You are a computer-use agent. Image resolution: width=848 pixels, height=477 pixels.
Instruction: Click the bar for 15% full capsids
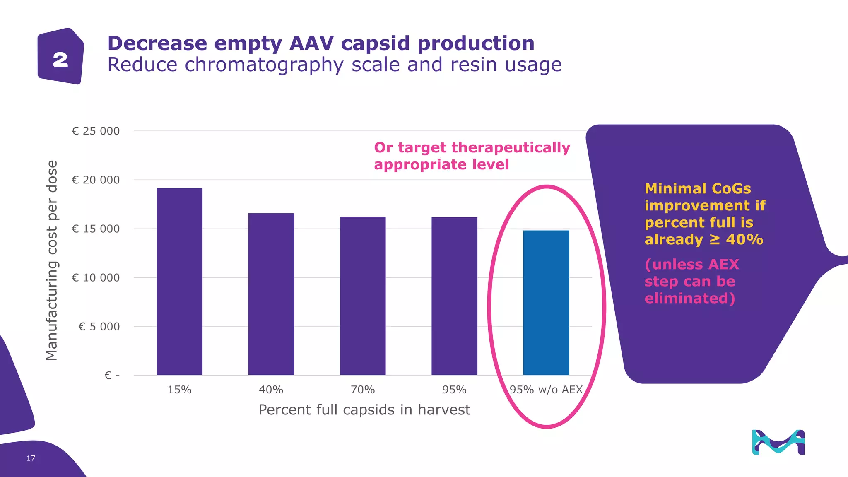click(x=179, y=282)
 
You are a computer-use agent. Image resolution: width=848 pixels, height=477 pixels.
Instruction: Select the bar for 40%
click(x=271, y=294)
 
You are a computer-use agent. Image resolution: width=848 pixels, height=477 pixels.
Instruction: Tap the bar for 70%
click(x=363, y=296)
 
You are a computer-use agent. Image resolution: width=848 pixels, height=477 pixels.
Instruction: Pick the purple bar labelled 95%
click(x=454, y=296)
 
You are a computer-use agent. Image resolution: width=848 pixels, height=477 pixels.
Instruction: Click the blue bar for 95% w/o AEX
click(x=546, y=303)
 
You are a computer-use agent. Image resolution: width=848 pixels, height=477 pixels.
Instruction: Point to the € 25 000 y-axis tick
click(x=96, y=131)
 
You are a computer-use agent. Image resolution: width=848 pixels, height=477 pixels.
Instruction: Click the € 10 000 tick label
click(x=96, y=278)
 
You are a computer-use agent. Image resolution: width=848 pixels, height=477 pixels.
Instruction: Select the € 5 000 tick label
click(x=99, y=327)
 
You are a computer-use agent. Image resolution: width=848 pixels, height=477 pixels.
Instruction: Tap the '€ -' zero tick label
click(x=112, y=376)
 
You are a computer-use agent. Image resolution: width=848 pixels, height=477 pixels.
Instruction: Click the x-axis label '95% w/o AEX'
click(x=546, y=390)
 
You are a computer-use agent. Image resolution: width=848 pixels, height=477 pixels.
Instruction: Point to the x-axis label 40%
click(x=271, y=390)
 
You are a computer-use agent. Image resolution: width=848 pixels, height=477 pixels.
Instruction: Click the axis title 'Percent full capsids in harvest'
click(x=364, y=410)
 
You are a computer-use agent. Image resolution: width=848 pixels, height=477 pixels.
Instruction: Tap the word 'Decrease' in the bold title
click(x=157, y=43)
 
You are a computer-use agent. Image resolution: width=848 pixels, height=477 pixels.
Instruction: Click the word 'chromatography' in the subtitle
click(x=264, y=65)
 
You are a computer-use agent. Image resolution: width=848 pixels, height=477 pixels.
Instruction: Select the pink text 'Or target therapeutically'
click(x=472, y=147)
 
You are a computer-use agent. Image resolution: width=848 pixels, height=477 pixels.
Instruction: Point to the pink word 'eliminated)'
click(x=689, y=298)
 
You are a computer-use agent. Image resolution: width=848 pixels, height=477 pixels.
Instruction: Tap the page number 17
click(x=31, y=458)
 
